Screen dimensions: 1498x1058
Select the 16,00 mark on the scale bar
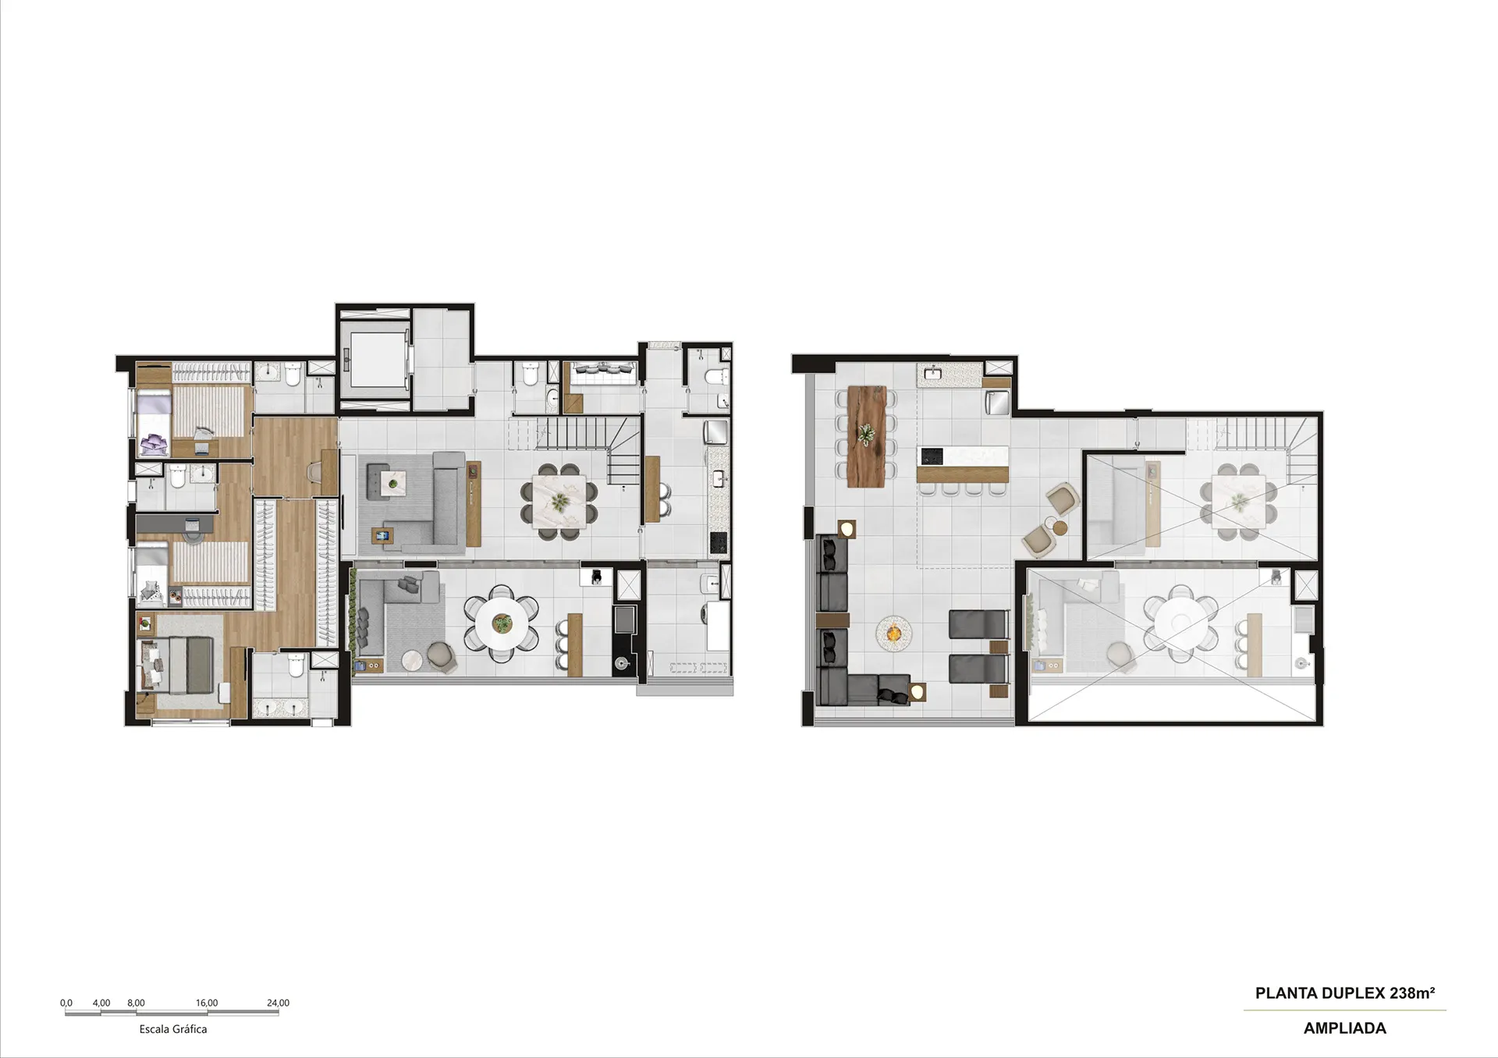coord(207,1003)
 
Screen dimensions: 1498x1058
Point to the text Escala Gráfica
coord(173,1029)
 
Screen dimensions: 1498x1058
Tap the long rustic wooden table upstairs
coord(867,436)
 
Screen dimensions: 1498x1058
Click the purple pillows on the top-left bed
coord(153,443)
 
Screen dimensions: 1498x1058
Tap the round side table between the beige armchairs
coord(1059,527)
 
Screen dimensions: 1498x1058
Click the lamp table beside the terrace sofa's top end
coord(847,528)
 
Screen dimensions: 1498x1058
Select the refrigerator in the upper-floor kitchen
coord(999,402)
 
